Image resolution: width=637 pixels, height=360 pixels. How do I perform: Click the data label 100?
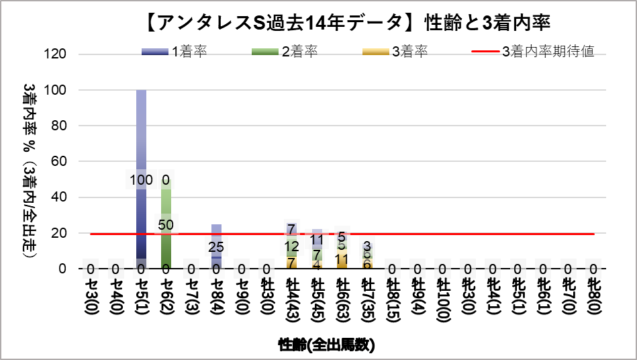tap(141, 180)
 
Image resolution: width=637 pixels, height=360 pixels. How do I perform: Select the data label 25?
tap(216, 247)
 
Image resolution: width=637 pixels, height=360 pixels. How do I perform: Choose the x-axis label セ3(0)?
tap(91, 299)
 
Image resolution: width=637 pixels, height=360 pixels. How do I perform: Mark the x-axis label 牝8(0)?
tap(593, 299)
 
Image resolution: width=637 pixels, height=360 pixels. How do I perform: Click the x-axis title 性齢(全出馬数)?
tap(326, 345)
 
